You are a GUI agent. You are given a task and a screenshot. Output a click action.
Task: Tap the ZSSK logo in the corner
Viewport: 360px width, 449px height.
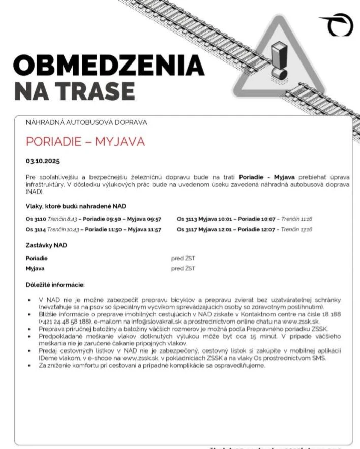336,24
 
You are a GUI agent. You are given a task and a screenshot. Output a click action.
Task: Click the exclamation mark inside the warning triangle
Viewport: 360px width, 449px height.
279,60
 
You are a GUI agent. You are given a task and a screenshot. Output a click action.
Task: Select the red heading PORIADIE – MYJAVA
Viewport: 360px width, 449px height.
85,141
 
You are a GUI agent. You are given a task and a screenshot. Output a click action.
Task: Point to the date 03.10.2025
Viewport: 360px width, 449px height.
43,161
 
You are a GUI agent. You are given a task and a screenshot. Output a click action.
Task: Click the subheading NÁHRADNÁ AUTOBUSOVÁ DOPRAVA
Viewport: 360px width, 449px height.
86,122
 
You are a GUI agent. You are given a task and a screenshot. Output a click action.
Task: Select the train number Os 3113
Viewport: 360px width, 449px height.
187,219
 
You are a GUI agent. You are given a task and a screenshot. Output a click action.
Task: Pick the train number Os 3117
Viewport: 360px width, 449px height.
187,230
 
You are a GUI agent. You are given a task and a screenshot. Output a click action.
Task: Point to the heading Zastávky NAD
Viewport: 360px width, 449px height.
46,245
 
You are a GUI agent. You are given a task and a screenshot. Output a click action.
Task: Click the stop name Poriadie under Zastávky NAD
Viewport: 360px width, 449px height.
37,258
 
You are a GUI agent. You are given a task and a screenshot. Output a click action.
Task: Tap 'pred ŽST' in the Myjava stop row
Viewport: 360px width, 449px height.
183,268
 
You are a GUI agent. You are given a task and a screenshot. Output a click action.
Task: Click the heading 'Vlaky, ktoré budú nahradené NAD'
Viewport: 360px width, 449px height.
76,206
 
